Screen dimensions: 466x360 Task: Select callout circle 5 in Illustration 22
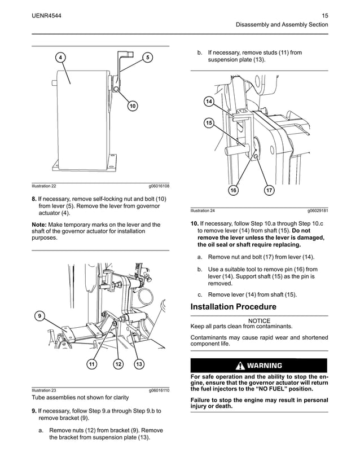click(x=147, y=58)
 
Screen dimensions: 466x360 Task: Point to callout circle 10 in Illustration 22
click(x=132, y=106)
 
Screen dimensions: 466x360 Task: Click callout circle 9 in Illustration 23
click(x=39, y=316)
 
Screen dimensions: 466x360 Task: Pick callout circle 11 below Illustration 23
click(x=91, y=364)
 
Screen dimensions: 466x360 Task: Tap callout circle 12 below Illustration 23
click(x=118, y=364)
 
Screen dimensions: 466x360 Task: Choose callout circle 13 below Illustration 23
click(x=139, y=364)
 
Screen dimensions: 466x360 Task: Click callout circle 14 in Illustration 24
click(x=209, y=102)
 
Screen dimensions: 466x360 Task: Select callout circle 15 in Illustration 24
click(x=209, y=123)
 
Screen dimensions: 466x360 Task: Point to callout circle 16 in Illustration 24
click(x=232, y=191)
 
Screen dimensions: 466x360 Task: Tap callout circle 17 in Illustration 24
click(x=269, y=191)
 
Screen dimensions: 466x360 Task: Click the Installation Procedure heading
click(x=233, y=307)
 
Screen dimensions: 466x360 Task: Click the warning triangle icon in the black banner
click(x=240, y=365)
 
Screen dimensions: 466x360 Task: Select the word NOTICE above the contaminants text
click(x=259, y=320)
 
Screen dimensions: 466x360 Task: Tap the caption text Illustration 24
click(x=203, y=210)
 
